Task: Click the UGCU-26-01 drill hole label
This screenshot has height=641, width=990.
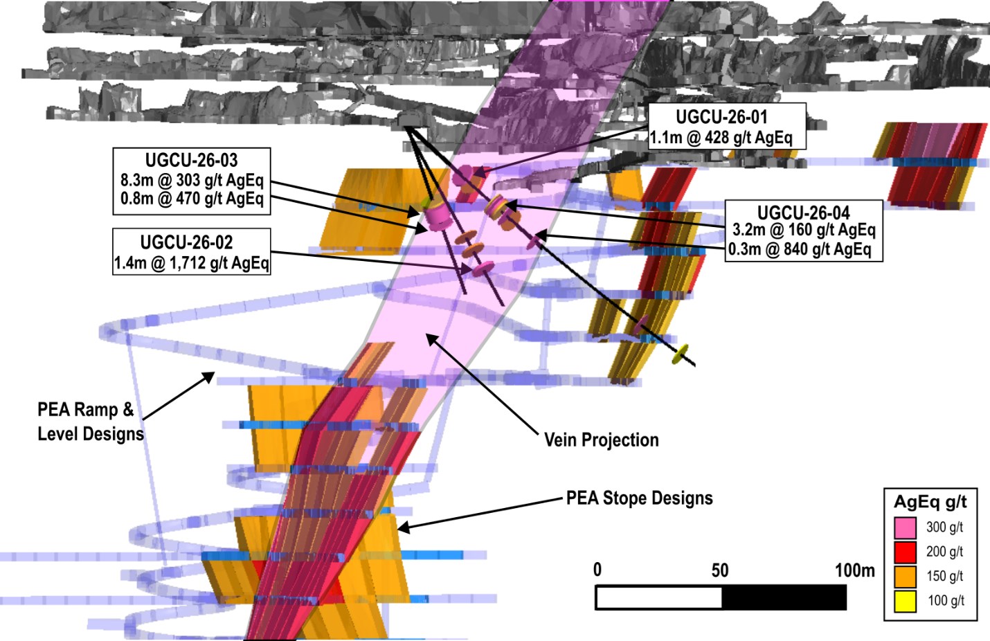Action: click(x=721, y=117)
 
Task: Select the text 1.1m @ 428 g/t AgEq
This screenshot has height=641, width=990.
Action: click(x=721, y=138)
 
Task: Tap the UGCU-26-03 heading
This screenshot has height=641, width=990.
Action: click(x=191, y=161)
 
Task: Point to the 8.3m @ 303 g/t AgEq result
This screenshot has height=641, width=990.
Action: click(x=192, y=180)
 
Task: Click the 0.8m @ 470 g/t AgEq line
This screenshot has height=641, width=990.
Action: click(x=192, y=199)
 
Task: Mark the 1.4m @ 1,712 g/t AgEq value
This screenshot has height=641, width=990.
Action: click(x=191, y=263)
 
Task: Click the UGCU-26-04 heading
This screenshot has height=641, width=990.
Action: click(x=804, y=213)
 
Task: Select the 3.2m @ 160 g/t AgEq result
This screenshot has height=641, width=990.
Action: click(x=804, y=230)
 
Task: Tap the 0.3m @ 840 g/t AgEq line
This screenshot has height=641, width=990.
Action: click(x=800, y=250)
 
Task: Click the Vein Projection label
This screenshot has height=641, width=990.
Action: click(x=601, y=440)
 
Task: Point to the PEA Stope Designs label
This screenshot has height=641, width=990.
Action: click(x=640, y=498)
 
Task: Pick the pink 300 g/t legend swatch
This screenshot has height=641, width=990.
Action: click(x=905, y=527)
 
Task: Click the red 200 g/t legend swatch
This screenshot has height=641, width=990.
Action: click(x=905, y=552)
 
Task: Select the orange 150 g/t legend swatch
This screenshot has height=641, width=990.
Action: click(x=905, y=577)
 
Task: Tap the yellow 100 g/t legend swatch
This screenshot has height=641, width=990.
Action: click(x=905, y=602)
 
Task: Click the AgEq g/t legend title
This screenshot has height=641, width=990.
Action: click(x=930, y=503)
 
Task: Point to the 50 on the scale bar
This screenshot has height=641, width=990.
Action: click(x=719, y=571)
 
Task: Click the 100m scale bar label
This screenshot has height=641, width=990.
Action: click(x=855, y=571)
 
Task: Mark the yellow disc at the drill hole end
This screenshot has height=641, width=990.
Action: click(x=680, y=354)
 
